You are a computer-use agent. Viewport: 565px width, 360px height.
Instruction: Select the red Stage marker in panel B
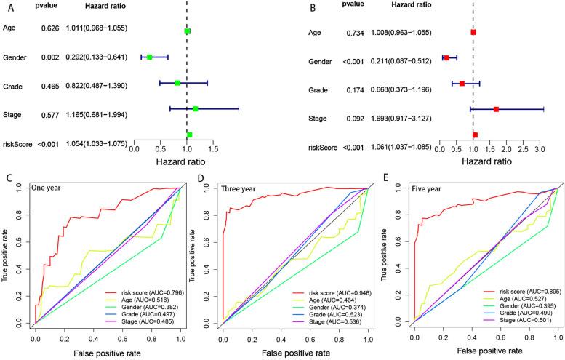pos(496,109)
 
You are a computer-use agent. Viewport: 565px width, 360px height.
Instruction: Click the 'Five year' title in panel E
pos(426,187)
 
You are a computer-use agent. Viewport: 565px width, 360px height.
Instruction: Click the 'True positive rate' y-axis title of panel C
pos(7,255)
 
